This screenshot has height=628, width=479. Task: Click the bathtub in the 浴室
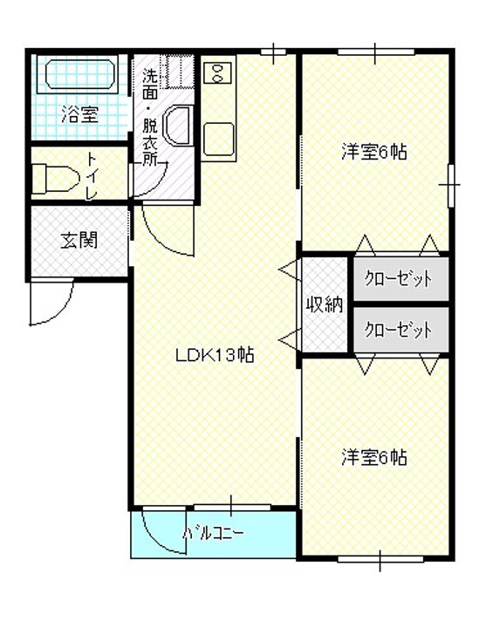click(x=80, y=74)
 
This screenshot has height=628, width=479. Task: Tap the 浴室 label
click(x=79, y=114)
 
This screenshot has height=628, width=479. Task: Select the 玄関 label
click(x=79, y=241)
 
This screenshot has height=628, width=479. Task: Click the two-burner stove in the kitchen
click(x=218, y=73)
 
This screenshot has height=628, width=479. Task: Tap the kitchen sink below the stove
click(x=219, y=139)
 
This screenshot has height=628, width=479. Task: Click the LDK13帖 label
click(x=215, y=355)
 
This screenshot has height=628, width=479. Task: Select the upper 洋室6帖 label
click(x=374, y=152)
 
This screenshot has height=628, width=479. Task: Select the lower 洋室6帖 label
click(x=374, y=457)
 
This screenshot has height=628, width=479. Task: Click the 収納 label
click(x=325, y=305)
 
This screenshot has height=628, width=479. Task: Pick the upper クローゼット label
click(x=398, y=278)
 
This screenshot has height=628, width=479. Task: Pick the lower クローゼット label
click(x=398, y=330)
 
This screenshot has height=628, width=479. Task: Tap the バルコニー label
click(x=213, y=533)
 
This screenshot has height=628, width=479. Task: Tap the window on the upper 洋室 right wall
click(x=451, y=185)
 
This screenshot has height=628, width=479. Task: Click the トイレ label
click(x=92, y=176)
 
